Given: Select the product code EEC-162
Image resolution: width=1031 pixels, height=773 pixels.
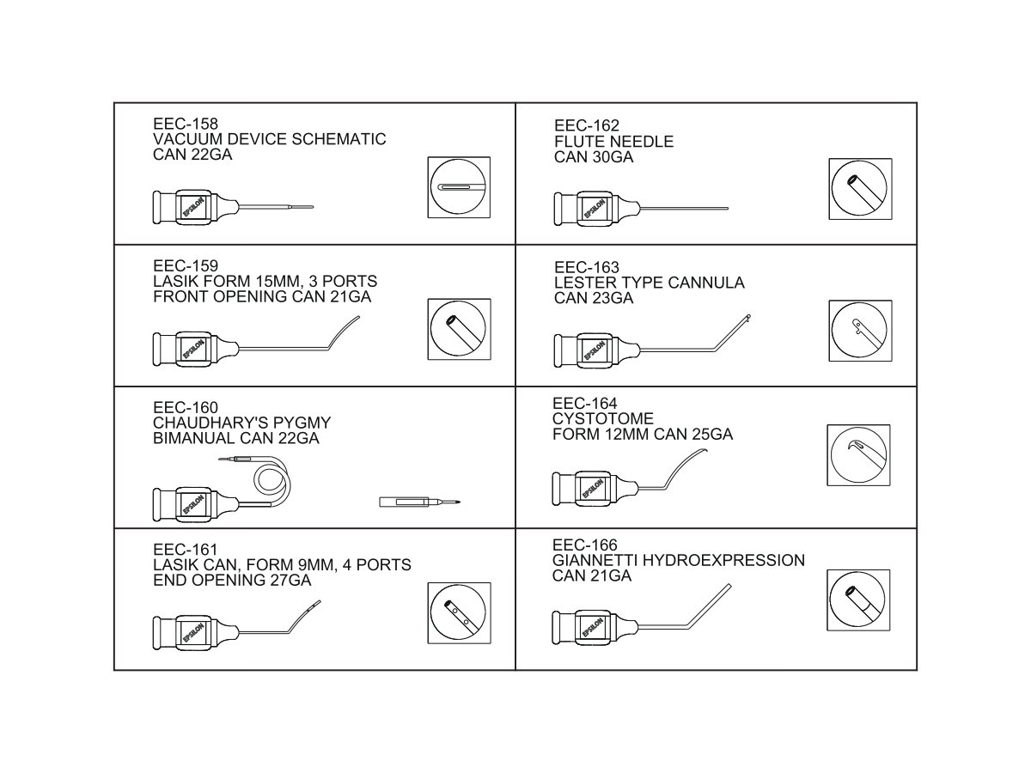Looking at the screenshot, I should click(587, 126).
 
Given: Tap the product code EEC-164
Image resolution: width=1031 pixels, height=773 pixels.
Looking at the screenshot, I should click(585, 404).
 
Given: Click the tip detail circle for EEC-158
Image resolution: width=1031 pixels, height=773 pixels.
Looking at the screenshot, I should click(459, 188).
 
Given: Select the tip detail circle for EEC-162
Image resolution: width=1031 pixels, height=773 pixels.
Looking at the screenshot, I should click(860, 189).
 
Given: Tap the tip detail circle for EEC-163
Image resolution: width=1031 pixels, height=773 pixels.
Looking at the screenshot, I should click(860, 331).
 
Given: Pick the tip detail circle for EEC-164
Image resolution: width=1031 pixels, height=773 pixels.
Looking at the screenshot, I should click(859, 454).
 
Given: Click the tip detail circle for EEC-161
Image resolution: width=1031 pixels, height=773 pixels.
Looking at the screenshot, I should click(459, 615).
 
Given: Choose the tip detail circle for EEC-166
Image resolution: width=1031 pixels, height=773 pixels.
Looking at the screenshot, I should click(859, 601).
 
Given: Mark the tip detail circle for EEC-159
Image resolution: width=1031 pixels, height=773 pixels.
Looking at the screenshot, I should click(459, 331).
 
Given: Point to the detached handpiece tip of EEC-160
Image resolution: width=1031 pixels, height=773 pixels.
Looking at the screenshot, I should click(420, 502).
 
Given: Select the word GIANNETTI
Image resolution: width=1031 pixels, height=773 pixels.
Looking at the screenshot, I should click(595, 561).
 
